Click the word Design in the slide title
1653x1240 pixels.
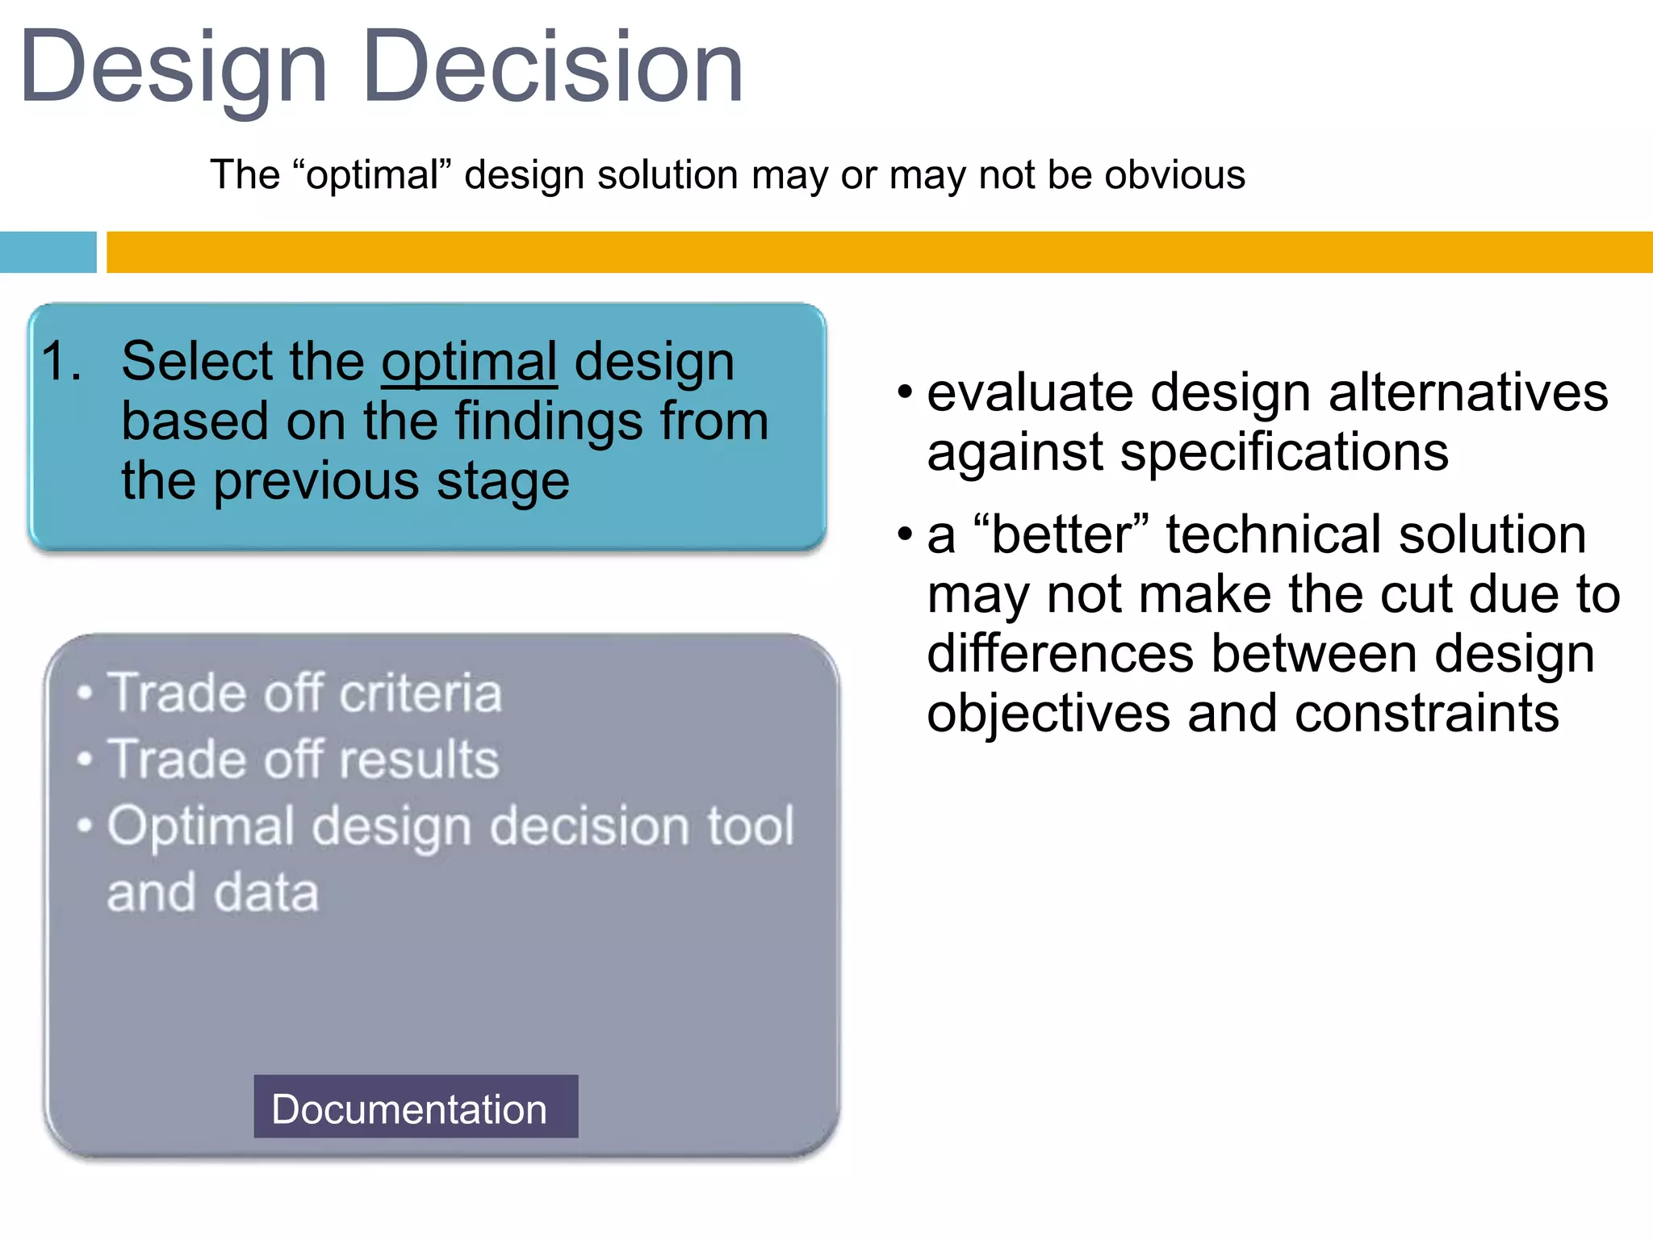174,68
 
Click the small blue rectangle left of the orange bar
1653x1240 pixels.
48,252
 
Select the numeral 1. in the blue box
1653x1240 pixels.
61,361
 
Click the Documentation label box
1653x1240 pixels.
416,1107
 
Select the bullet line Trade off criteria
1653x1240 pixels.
304,693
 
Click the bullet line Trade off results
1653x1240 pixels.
303,759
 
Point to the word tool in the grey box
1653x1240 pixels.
751,826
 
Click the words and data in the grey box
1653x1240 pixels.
213,893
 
